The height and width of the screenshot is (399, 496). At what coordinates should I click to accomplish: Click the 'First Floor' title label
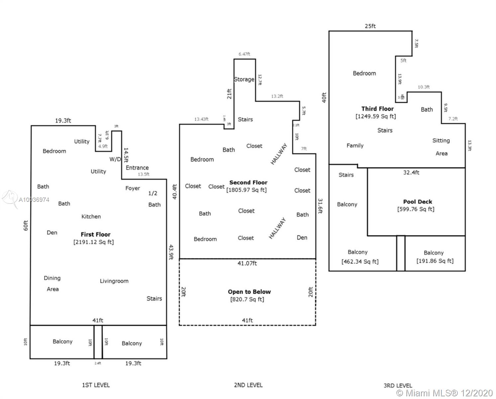(x=95, y=234)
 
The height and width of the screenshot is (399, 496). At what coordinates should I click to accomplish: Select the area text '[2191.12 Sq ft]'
(x=93, y=242)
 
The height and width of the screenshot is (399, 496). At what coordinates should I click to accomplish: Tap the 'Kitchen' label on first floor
(x=91, y=217)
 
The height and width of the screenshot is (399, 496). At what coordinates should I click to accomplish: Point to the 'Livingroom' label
(x=114, y=281)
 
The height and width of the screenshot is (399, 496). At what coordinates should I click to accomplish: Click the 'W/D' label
(x=115, y=159)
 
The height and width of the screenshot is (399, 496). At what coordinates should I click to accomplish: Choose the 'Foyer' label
(x=133, y=189)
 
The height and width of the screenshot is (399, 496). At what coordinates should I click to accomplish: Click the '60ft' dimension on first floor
(x=26, y=226)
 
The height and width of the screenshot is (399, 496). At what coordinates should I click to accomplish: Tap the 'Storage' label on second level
(x=244, y=79)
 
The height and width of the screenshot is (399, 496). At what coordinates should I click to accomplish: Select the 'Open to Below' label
(x=249, y=292)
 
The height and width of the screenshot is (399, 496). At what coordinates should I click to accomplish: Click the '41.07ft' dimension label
(x=247, y=263)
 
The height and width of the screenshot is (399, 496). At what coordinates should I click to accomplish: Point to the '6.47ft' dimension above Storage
(x=244, y=54)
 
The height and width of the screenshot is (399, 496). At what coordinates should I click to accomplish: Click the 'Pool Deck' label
(x=418, y=202)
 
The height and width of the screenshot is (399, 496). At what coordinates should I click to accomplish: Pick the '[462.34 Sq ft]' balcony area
(x=360, y=262)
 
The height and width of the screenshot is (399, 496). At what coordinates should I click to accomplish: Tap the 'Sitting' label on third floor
(x=441, y=141)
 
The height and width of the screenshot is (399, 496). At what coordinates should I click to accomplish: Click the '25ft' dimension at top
(x=370, y=26)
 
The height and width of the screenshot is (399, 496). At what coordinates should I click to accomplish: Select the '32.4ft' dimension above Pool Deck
(x=411, y=173)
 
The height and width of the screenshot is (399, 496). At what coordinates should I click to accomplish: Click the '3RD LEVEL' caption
(x=398, y=386)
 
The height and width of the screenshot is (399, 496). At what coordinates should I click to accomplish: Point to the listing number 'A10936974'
(x=34, y=200)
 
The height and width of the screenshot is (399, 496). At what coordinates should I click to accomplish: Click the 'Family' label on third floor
(x=355, y=146)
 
